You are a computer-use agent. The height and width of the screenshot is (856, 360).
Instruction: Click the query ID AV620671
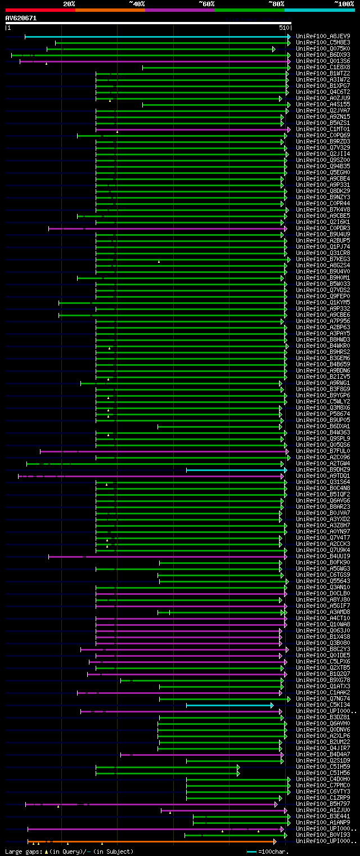[x=21, y=18]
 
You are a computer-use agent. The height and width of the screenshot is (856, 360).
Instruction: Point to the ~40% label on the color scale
[x=137, y=3]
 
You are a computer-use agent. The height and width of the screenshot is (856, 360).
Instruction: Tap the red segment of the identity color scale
[x=40, y=10]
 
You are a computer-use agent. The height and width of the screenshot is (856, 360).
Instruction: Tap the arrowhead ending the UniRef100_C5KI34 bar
[x=272, y=705]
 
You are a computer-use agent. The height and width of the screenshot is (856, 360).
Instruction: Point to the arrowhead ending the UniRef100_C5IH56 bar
[x=238, y=773]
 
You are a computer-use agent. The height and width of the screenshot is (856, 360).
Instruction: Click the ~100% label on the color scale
[x=344, y=3]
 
